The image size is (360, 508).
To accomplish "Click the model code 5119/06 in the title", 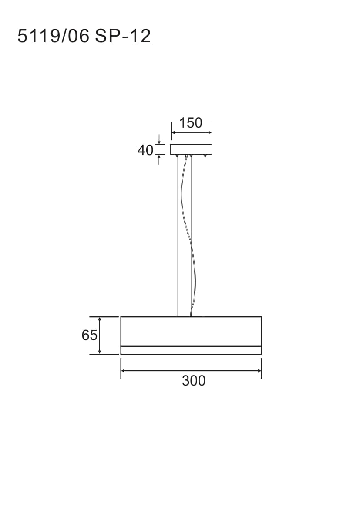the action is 53,36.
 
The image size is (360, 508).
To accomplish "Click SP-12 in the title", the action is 123,36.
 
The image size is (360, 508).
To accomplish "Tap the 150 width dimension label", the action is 191,123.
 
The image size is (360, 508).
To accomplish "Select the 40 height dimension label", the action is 145,150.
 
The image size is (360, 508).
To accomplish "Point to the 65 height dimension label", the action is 89,335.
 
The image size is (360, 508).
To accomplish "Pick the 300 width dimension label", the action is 194,381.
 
